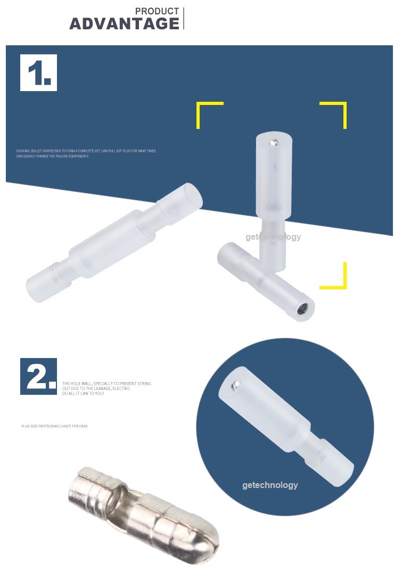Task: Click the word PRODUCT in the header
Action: click(x=157, y=11)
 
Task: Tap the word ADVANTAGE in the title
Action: click(x=125, y=24)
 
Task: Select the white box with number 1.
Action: click(x=38, y=72)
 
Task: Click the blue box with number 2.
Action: click(x=38, y=376)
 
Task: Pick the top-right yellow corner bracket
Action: click(x=339, y=109)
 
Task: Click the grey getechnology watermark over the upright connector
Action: click(x=273, y=237)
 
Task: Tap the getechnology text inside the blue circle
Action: click(x=270, y=485)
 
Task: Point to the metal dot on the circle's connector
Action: click(x=235, y=385)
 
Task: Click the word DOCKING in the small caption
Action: click(x=23, y=151)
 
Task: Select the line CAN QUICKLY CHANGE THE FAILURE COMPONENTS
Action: click(x=52, y=157)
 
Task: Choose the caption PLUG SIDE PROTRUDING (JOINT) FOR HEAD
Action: click(x=54, y=426)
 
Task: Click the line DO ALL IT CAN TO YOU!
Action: click(x=83, y=393)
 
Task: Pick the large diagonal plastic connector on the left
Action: click(x=114, y=242)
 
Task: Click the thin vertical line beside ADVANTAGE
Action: click(x=184, y=18)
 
